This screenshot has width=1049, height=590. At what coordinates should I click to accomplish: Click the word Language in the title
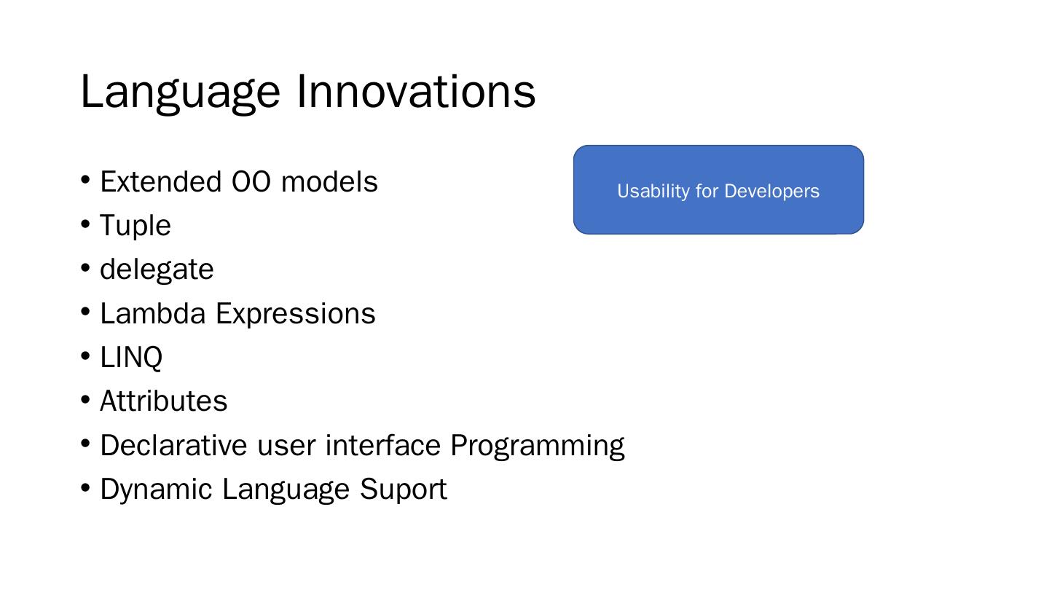[181, 93]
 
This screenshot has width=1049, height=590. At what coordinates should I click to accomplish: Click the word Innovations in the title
[417, 91]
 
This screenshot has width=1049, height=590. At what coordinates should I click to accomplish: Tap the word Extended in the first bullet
[160, 181]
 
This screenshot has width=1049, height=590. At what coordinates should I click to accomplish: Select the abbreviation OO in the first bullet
[251, 181]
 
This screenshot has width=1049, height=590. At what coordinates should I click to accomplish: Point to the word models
[329, 181]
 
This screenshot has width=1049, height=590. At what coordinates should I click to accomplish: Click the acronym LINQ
[131, 357]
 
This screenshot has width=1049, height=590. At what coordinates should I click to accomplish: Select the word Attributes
[163, 401]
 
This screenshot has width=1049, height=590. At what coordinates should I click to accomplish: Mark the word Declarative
[173, 445]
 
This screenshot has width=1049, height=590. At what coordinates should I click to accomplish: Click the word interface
[383, 444]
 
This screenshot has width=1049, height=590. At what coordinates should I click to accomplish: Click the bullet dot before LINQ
[85, 356]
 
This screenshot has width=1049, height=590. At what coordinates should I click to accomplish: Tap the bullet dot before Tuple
[85, 224]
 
